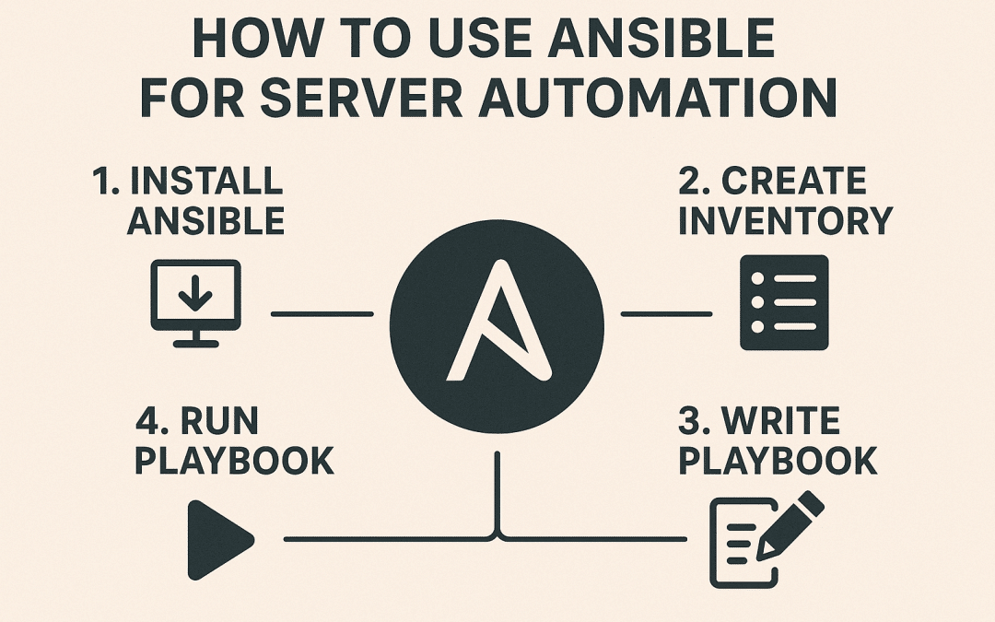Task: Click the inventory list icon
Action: point(784,302)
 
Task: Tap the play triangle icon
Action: point(219,540)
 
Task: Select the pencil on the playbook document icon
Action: point(790,524)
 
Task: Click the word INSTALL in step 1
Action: point(206,182)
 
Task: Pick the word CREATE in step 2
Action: point(793,182)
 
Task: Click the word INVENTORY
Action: point(785,222)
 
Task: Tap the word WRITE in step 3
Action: point(780,421)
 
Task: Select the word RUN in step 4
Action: point(223,421)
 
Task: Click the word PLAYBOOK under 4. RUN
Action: point(234,462)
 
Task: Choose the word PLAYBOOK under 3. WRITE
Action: point(778,462)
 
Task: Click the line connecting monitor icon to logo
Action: point(322,314)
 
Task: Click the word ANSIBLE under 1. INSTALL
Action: point(205,222)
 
